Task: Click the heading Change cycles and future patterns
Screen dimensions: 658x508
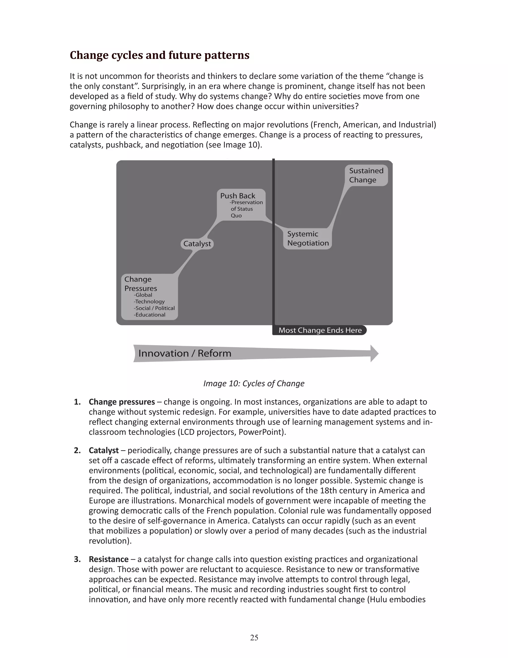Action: click(159, 55)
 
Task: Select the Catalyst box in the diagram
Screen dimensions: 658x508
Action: click(197, 244)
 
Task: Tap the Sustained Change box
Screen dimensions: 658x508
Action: click(366, 175)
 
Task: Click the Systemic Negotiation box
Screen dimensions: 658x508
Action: click(308, 239)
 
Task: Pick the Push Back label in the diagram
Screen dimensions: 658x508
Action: click(237, 196)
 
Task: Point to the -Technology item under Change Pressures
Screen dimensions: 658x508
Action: click(149, 302)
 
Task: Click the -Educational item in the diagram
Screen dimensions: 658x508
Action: click(150, 315)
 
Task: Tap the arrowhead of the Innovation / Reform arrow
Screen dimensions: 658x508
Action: click(374, 353)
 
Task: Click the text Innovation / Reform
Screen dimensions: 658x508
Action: click(185, 353)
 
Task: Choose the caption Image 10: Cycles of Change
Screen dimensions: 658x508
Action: click(254, 384)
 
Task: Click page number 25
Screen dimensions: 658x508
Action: click(254, 637)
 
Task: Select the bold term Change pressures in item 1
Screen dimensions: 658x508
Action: click(122, 402)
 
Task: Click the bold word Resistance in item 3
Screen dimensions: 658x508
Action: click(108, 559)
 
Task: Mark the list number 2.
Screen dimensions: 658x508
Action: click(77, 450)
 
